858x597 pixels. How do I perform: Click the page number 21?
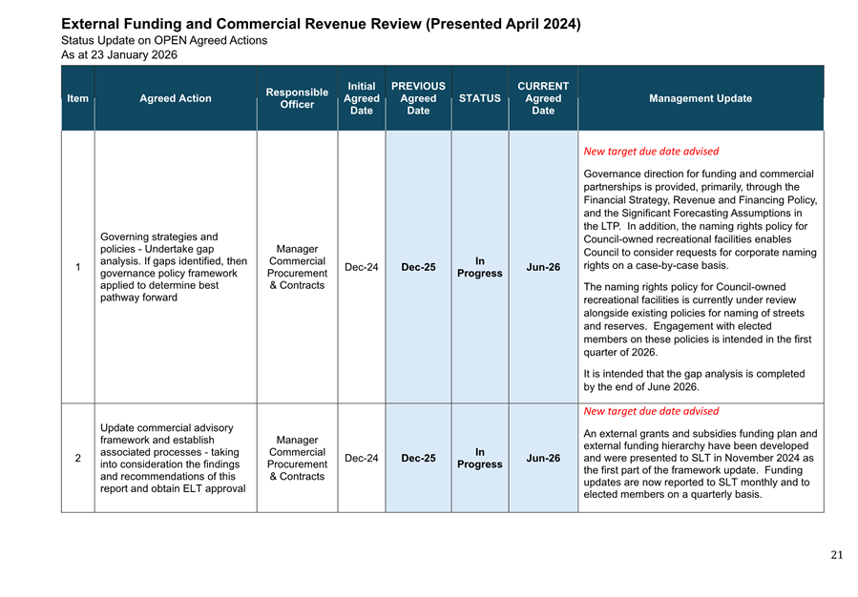point(836,556)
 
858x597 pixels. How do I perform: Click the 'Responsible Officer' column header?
point(297,98)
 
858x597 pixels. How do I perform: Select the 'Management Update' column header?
point(700,98)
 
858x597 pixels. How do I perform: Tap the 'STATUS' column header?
point(479,98)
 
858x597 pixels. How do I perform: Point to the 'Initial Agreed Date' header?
point(362,98)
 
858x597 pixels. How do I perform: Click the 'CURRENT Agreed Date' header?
point(543,98)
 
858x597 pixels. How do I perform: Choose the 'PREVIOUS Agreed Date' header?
point(418,98)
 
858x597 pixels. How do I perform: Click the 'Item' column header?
point(78,98)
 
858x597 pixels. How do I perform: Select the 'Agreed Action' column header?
point(176,98)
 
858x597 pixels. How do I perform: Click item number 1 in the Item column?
point(77,267)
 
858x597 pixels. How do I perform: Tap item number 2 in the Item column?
point(77,459)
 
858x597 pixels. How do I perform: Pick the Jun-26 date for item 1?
point(543,267)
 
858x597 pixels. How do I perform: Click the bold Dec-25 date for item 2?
point(418,459)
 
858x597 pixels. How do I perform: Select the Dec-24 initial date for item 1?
point(362,267)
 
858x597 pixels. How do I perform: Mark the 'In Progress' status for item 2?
point(479,459)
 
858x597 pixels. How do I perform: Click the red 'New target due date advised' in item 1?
point(651,151)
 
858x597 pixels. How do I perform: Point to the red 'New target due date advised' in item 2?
point(651,411)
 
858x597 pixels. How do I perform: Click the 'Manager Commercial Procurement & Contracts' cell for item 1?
point(297,267)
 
